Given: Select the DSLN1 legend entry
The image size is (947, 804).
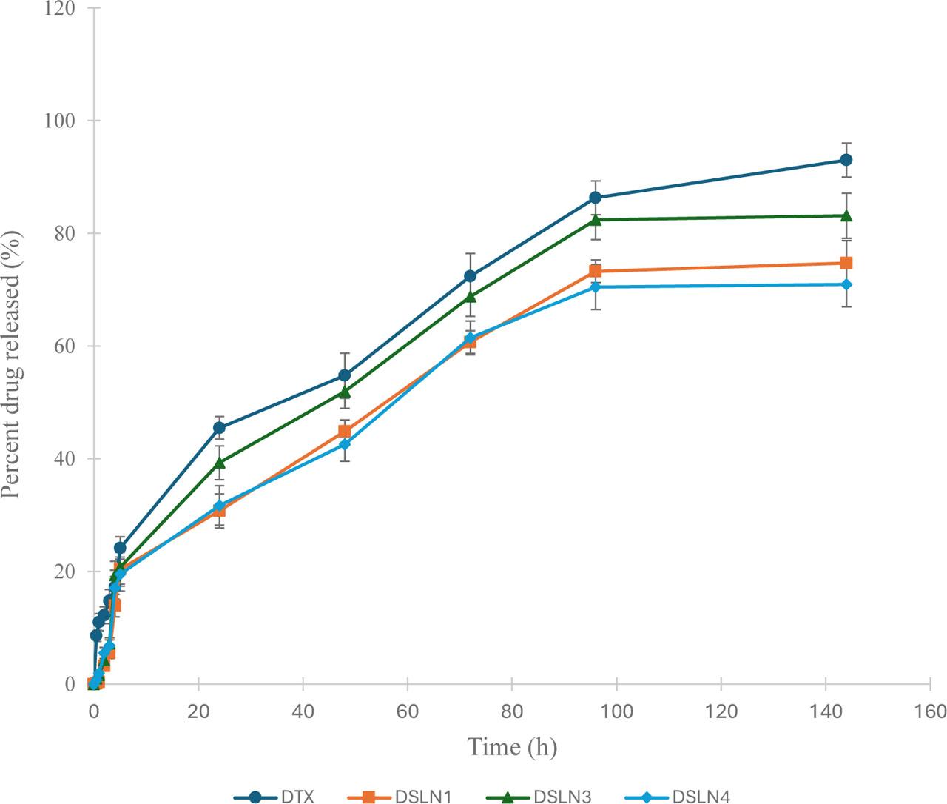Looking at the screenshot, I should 399,797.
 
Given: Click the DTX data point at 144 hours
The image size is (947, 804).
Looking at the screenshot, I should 846,160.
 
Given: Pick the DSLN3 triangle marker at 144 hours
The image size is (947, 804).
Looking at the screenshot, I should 846,215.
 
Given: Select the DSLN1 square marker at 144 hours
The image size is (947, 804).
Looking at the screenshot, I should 846,263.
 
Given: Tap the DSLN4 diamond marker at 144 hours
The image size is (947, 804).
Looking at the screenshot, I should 846,284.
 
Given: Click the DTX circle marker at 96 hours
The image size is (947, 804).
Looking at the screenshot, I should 596,198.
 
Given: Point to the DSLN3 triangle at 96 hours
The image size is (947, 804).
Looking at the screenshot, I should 596,219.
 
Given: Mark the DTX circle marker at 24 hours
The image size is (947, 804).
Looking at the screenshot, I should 219,428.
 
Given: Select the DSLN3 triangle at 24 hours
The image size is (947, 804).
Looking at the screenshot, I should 219,463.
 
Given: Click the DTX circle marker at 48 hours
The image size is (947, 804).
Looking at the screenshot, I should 345,375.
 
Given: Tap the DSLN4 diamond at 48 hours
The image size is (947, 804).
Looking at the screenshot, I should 345,444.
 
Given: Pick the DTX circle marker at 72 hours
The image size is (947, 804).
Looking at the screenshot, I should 470,276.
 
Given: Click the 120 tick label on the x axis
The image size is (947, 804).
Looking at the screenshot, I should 721,711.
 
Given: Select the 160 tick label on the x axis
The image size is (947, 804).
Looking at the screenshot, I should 930,711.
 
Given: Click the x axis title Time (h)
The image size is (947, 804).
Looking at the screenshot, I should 511,748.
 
